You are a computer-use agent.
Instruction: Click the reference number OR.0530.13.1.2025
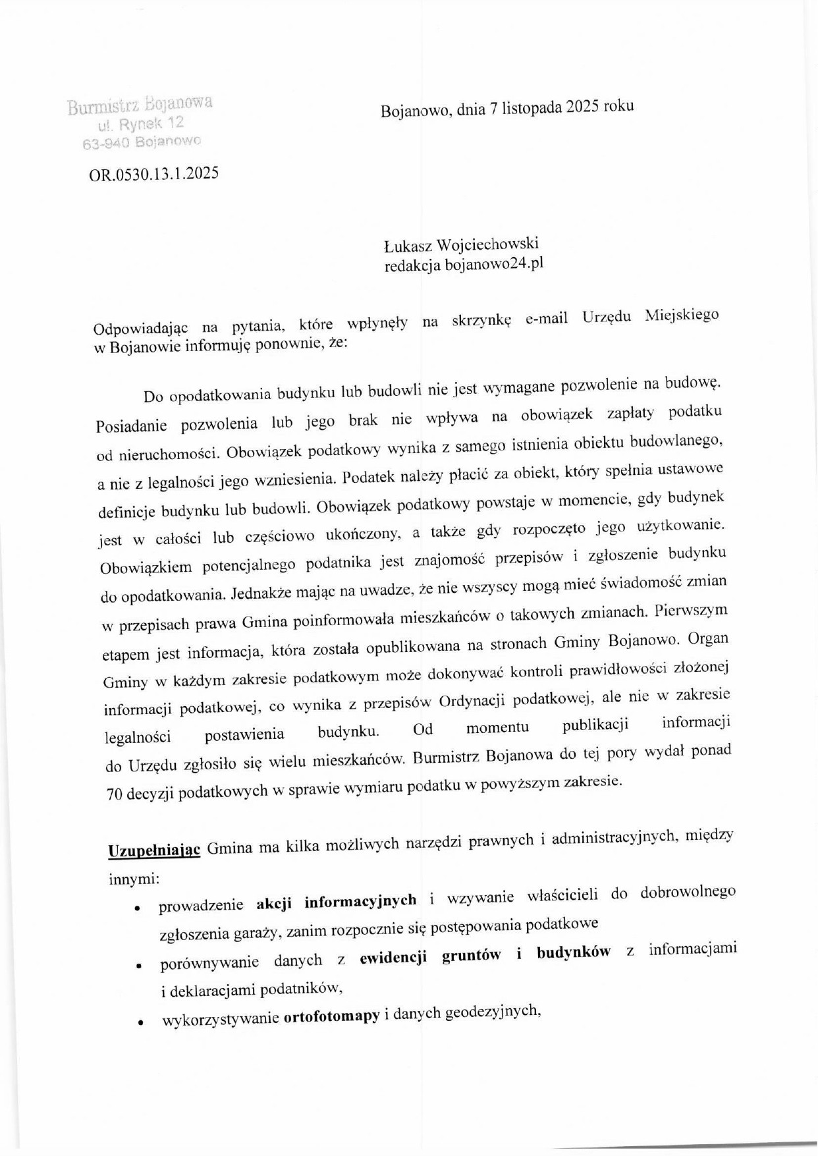coord(153,175)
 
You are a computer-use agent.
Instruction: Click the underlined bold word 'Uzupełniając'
coord(153,849)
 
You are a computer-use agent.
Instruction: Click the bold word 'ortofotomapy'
coord(331,1016)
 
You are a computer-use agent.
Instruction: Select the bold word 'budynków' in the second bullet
coord(574,952)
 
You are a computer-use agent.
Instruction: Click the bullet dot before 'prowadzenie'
coord(138,908)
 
